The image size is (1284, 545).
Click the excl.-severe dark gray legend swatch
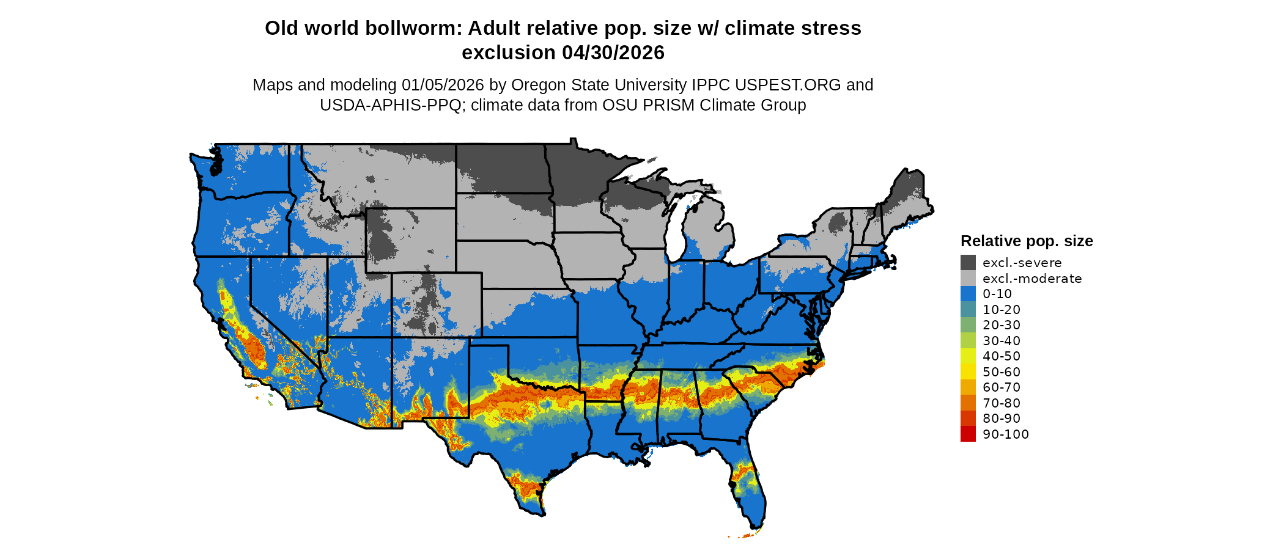tap(968, 263)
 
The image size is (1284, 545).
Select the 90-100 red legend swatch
tap(968, 434)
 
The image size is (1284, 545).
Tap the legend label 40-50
tap(1002, 356)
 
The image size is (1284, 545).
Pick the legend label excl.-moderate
tap(1032, 279)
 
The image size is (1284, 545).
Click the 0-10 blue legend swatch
tap(968, 294)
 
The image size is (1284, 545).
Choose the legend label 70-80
tap(1002, 403)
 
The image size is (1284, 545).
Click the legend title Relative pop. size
tap(1027, 241)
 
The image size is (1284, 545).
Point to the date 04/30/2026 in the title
tap(613, 53)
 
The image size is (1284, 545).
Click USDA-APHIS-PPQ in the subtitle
tap(390, 105)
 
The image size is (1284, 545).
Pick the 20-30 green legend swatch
tap(968, 325)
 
